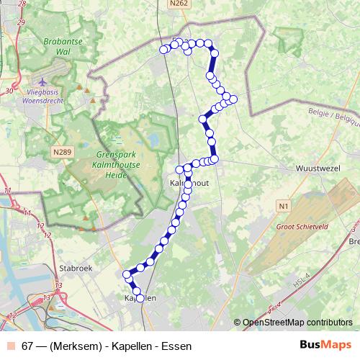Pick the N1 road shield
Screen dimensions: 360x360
coord(282,207)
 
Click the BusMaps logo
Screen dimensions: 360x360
coord(325,346)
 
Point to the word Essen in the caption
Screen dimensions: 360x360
coord(177,346)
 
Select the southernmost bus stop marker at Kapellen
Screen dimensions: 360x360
coord(138,291)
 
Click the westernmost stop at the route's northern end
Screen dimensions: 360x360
coord(163,50)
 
